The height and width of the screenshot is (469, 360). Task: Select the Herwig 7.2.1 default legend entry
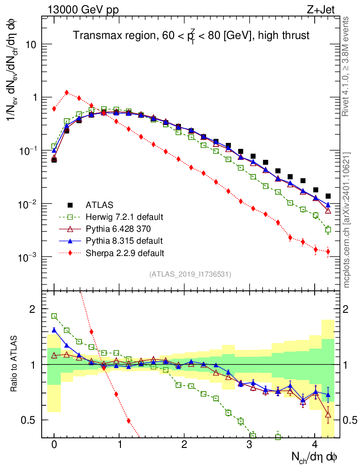point(124,217)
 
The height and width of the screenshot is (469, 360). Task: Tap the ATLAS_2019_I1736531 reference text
point(190,274)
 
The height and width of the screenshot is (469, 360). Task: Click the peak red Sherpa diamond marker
point(67,93)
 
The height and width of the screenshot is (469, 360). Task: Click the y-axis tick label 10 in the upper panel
point(30,45)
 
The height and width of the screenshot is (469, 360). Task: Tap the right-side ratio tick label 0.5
point(349,420)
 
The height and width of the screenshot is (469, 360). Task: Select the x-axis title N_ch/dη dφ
point(315,457)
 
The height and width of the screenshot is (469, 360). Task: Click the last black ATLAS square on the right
point(328,196)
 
